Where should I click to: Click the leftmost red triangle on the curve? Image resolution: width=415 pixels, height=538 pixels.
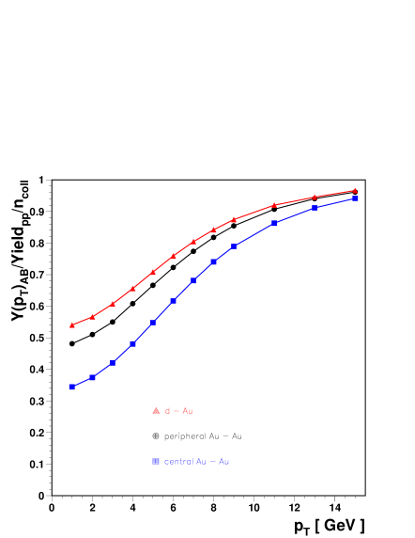click(x=72, y=325)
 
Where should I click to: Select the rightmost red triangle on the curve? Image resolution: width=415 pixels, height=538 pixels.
click(x=355, y=190)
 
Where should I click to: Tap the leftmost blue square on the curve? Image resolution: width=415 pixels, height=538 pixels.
click(x=72, y=387)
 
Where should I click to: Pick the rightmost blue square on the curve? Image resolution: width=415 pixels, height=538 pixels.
click(x=355, y=198)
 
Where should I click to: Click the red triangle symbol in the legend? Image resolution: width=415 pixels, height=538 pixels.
click(x=156, y=411)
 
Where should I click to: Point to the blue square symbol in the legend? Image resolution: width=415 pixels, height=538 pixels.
click(x=156, y=461)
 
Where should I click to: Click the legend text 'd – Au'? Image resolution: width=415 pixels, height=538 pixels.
click(x=179, y=411)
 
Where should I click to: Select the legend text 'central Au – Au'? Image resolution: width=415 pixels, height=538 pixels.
click(x=197, y=462)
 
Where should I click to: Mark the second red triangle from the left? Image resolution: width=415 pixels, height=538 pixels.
click(x=93, y=316)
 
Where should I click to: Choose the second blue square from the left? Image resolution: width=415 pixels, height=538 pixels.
click(x=93, y=377)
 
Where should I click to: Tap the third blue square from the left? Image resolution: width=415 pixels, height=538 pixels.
click(x=113, y=362)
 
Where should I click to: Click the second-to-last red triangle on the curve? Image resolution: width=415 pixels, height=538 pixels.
click(x=315, y=197)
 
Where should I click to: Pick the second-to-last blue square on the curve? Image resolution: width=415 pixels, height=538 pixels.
click(x=315, y=208)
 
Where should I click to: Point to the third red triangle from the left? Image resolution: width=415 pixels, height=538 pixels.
click(x=113, y=304)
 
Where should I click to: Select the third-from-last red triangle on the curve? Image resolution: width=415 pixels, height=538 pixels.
click(x=274, y=204)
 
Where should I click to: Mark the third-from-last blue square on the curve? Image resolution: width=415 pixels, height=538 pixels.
click(x=274, y=223)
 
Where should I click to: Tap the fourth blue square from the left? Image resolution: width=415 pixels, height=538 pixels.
click(x=133, y=344)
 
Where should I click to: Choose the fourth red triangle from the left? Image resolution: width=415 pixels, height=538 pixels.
click(x=133, y=288)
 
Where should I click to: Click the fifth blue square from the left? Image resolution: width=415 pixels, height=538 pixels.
click(x=153, y=323)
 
